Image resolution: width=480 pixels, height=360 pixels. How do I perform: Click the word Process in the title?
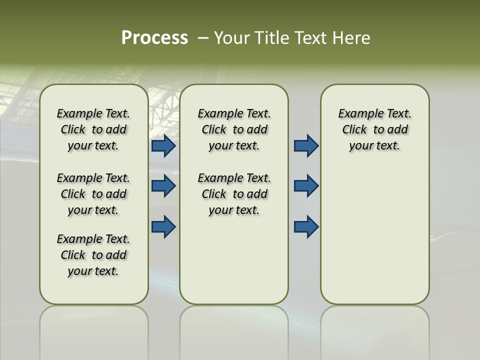[x=154, y=38]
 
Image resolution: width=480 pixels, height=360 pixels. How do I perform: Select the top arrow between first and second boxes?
[x=163, y=146]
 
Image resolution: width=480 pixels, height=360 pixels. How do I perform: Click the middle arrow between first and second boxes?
[x=163, y=186]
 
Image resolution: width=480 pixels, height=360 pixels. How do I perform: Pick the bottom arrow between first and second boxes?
[x=163, y=226]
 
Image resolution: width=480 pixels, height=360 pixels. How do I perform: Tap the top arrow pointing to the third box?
[x=306, y=146]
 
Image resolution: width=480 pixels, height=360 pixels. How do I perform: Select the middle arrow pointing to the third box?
[x=306, y=186]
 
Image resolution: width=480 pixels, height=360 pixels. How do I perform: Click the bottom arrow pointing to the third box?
[x=306, y=226]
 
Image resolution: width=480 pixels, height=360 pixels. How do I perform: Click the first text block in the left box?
[x=93, y=129]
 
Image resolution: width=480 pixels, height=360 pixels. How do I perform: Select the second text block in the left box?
[x=93, y=194]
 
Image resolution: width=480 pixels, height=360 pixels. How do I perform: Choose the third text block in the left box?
[x=93, y=255]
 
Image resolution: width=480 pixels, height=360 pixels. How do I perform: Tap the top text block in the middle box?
[x=234, y=129]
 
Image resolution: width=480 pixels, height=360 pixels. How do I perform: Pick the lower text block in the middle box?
[x=234, y=194]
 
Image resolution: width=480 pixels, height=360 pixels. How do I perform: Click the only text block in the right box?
[x=374, y=129]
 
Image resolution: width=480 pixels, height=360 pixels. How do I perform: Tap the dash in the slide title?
[x=203, y=38]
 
